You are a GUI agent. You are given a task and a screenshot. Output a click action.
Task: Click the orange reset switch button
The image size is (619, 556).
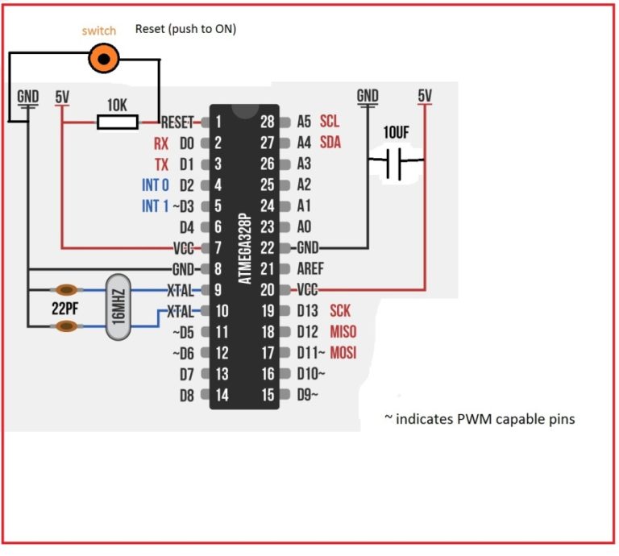[104, 56]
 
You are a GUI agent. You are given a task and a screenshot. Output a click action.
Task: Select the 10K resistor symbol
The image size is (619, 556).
[118, 122]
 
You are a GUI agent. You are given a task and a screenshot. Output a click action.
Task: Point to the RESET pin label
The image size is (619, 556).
[177, 122]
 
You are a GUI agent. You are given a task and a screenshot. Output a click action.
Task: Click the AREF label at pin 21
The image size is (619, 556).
[310, 269]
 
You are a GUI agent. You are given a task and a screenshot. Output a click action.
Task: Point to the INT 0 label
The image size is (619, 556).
[156, 185]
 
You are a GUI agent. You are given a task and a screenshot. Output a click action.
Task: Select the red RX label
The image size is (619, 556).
[161, 144]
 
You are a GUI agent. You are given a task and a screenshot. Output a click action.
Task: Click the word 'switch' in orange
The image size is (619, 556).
[98, 31]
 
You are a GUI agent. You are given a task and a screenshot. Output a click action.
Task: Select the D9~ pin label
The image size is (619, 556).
[307, 395]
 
